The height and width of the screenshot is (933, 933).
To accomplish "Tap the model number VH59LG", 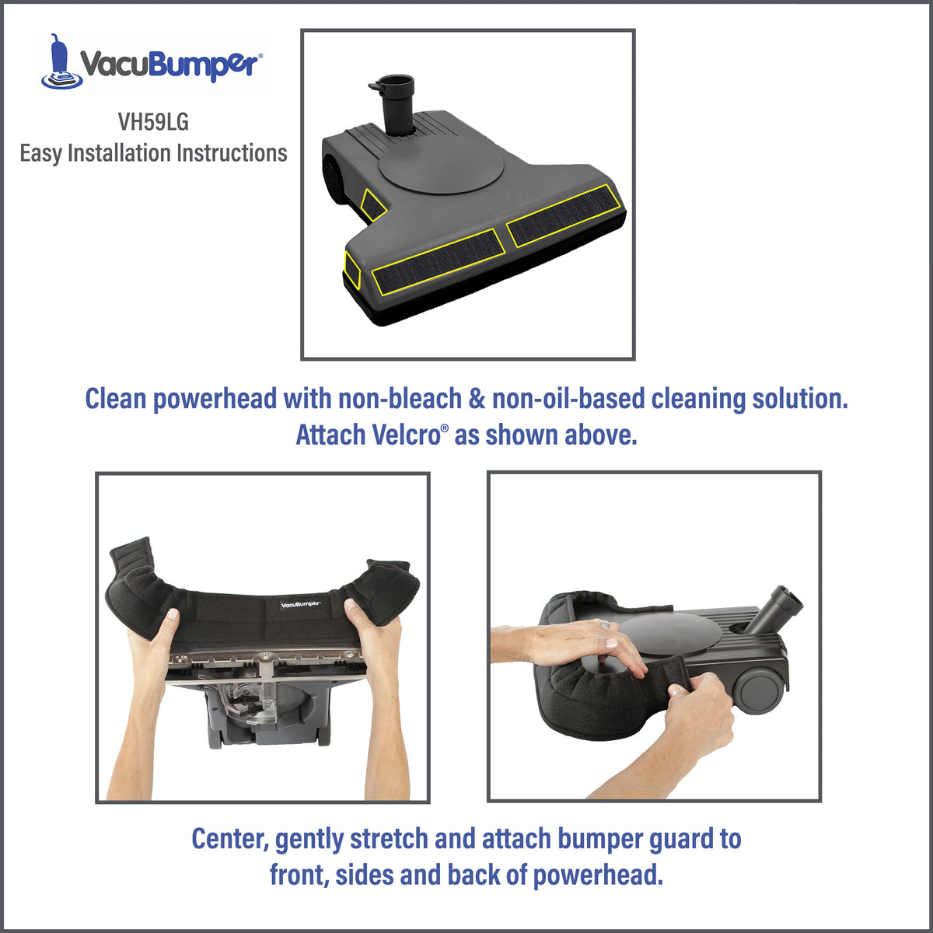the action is tap(153, 121).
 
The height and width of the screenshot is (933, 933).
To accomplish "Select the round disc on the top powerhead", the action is tap(442, 165).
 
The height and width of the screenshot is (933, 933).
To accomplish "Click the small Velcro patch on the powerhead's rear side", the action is tap(373, 203).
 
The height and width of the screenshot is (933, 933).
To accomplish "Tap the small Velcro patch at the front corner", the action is tap(352, 270).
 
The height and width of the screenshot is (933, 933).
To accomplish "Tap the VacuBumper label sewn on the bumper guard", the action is tap(300, 605).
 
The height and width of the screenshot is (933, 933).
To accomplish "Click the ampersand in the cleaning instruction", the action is tap(477, 399).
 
